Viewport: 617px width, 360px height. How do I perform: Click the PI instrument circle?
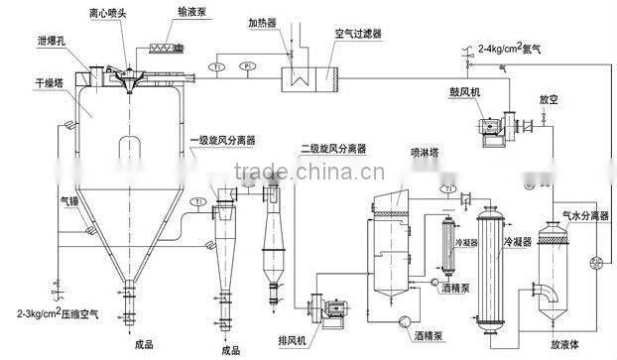click(x=247, y=67)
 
